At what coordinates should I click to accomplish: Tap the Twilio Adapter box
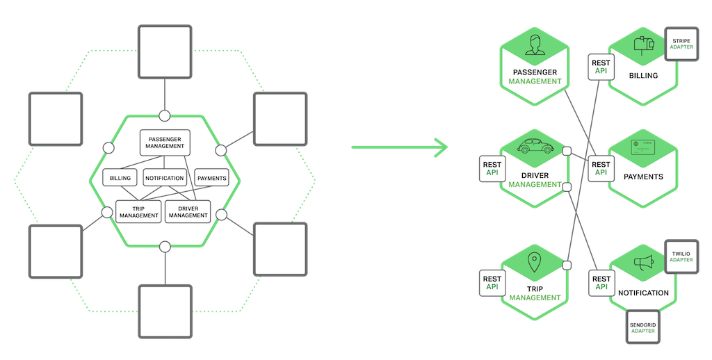681,255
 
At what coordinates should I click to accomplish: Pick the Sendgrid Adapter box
643,326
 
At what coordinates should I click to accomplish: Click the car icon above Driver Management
535,147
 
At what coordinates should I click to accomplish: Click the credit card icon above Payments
643,147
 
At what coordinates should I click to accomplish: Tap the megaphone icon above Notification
643,263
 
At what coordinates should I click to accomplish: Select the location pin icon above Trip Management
535,263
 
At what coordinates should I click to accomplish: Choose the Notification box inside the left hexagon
165,178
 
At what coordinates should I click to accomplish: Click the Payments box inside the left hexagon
211,178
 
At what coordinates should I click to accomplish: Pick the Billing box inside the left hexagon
120,178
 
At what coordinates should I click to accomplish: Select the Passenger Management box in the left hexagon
165,142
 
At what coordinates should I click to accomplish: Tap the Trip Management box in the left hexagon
138,211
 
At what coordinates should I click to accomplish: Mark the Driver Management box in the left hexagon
188,211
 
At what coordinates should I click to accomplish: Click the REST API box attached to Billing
600,67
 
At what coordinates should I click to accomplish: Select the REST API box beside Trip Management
492,281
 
